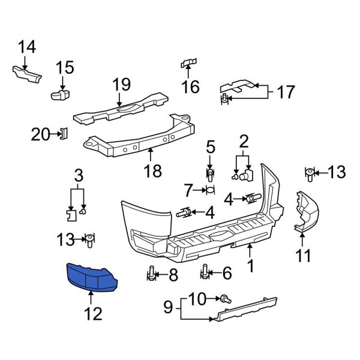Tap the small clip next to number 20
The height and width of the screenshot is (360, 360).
pos(64,134)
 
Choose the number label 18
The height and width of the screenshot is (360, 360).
pos(152,172)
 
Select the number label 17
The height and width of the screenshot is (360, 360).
pos(286,92)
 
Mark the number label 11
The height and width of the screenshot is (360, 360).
pos(304,256)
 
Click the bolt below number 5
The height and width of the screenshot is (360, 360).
pos(210,175)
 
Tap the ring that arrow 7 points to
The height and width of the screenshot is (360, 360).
pos(210,191)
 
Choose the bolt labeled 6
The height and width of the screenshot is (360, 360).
pos(205,272)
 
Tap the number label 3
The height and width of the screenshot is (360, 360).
pos(78,176)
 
